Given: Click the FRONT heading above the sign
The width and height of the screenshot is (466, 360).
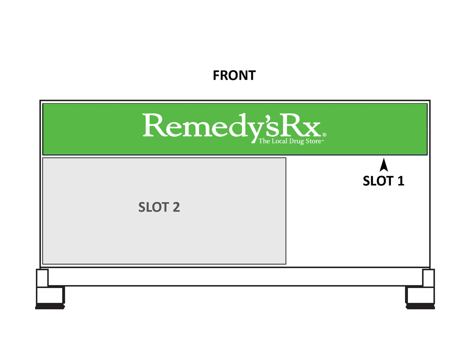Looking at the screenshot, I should [234, 75].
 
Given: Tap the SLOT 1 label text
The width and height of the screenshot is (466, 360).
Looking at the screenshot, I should [383, 181].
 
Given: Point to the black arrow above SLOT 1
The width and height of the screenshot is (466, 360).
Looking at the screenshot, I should [384, 165].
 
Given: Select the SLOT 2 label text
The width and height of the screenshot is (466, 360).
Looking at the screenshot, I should [159, 207].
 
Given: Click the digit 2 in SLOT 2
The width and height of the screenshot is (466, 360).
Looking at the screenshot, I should [176, 207].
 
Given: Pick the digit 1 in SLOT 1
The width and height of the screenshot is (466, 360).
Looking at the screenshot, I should [400, 181].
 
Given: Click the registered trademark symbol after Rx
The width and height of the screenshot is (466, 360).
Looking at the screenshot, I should [324, 135].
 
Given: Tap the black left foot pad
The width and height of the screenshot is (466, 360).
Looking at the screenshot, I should [50, 306].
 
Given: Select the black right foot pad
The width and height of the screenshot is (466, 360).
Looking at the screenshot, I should [420, 306].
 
